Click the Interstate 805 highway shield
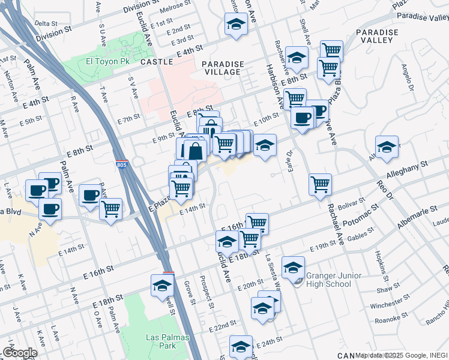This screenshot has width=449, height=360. tap(122, 164)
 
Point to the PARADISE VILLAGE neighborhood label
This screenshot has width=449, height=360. tap(223, 68)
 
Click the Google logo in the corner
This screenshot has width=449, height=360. tap(19, 353)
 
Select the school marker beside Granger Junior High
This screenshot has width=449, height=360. tap(293, 268)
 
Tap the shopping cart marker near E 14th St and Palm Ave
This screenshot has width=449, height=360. tap(110, 209)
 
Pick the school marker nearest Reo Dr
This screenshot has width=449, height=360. tap(387, 146)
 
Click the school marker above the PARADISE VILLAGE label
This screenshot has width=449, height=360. tap(236, 25)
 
